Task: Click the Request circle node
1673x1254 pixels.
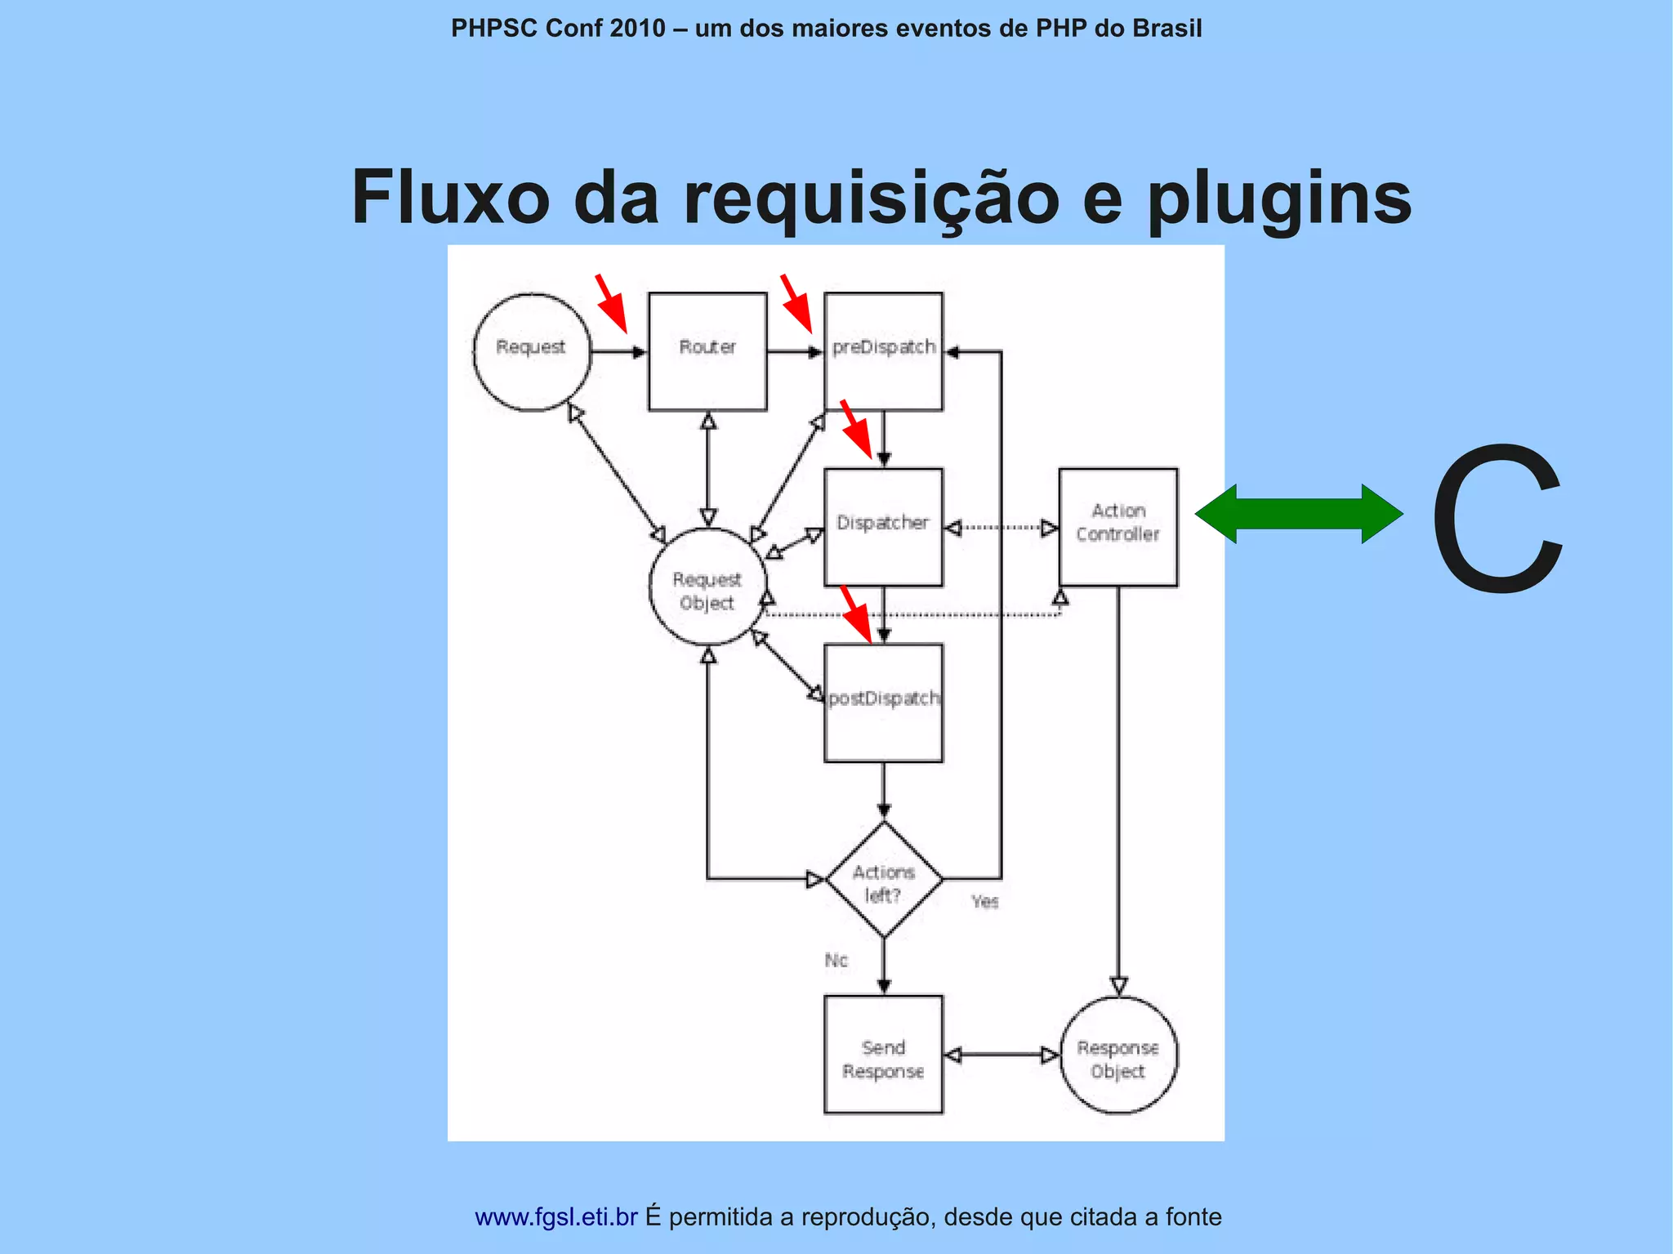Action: [x=532, y=351]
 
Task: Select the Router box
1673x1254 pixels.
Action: [x=707, y=351]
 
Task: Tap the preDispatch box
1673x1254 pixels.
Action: [x=883, y=351]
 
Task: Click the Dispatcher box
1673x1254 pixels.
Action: [x=883, y=527]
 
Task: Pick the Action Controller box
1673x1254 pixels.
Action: [x=1118, y=527]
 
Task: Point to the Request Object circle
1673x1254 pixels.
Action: [x=707, y=587]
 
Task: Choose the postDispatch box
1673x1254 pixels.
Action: [x=883, y=703]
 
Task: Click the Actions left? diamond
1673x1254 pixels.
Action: [x=884, y=880]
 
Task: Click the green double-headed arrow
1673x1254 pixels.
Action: [x=1299, y=514]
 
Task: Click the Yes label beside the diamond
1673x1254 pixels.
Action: [x=984, y=901]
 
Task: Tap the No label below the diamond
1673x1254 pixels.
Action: [x=836, y=960]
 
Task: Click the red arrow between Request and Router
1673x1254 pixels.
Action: [x=611, y=303]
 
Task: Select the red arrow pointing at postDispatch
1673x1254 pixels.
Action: [x=857, y=614]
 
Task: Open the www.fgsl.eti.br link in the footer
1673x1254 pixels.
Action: [x=555, y=1216]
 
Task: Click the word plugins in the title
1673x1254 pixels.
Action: [x=1279, y=197]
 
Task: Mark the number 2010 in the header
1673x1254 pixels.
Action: [x=637, y=29]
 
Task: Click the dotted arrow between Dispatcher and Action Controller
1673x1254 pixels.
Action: [x=1001, y=528]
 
